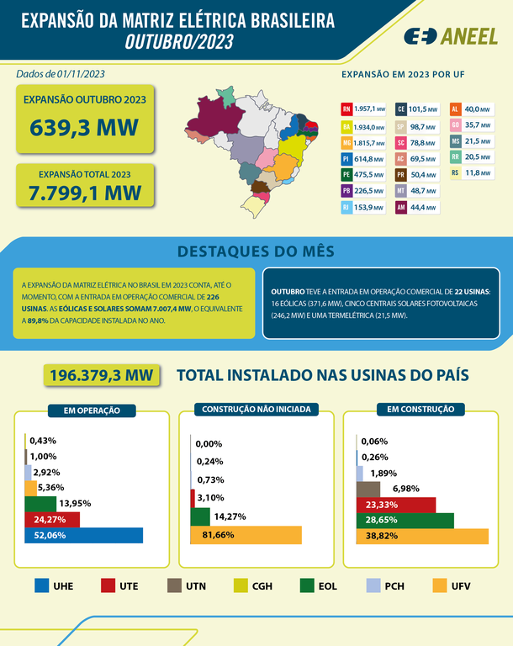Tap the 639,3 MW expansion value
point(85,129)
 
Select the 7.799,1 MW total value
point(85,193)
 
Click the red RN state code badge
point(346,109)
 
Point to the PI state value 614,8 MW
point(370,158)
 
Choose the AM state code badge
point(401,207)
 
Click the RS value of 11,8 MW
point(479,173)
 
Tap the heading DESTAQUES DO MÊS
point(256,251)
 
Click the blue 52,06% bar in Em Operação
point(83,535)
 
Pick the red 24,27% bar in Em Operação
point(52,519)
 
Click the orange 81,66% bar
point(246,535)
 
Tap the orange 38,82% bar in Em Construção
point(422,536)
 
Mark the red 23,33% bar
point(396,504)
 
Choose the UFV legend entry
point(456,585)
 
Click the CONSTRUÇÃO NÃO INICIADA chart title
point(256,410)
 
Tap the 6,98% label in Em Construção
point(405,488)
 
